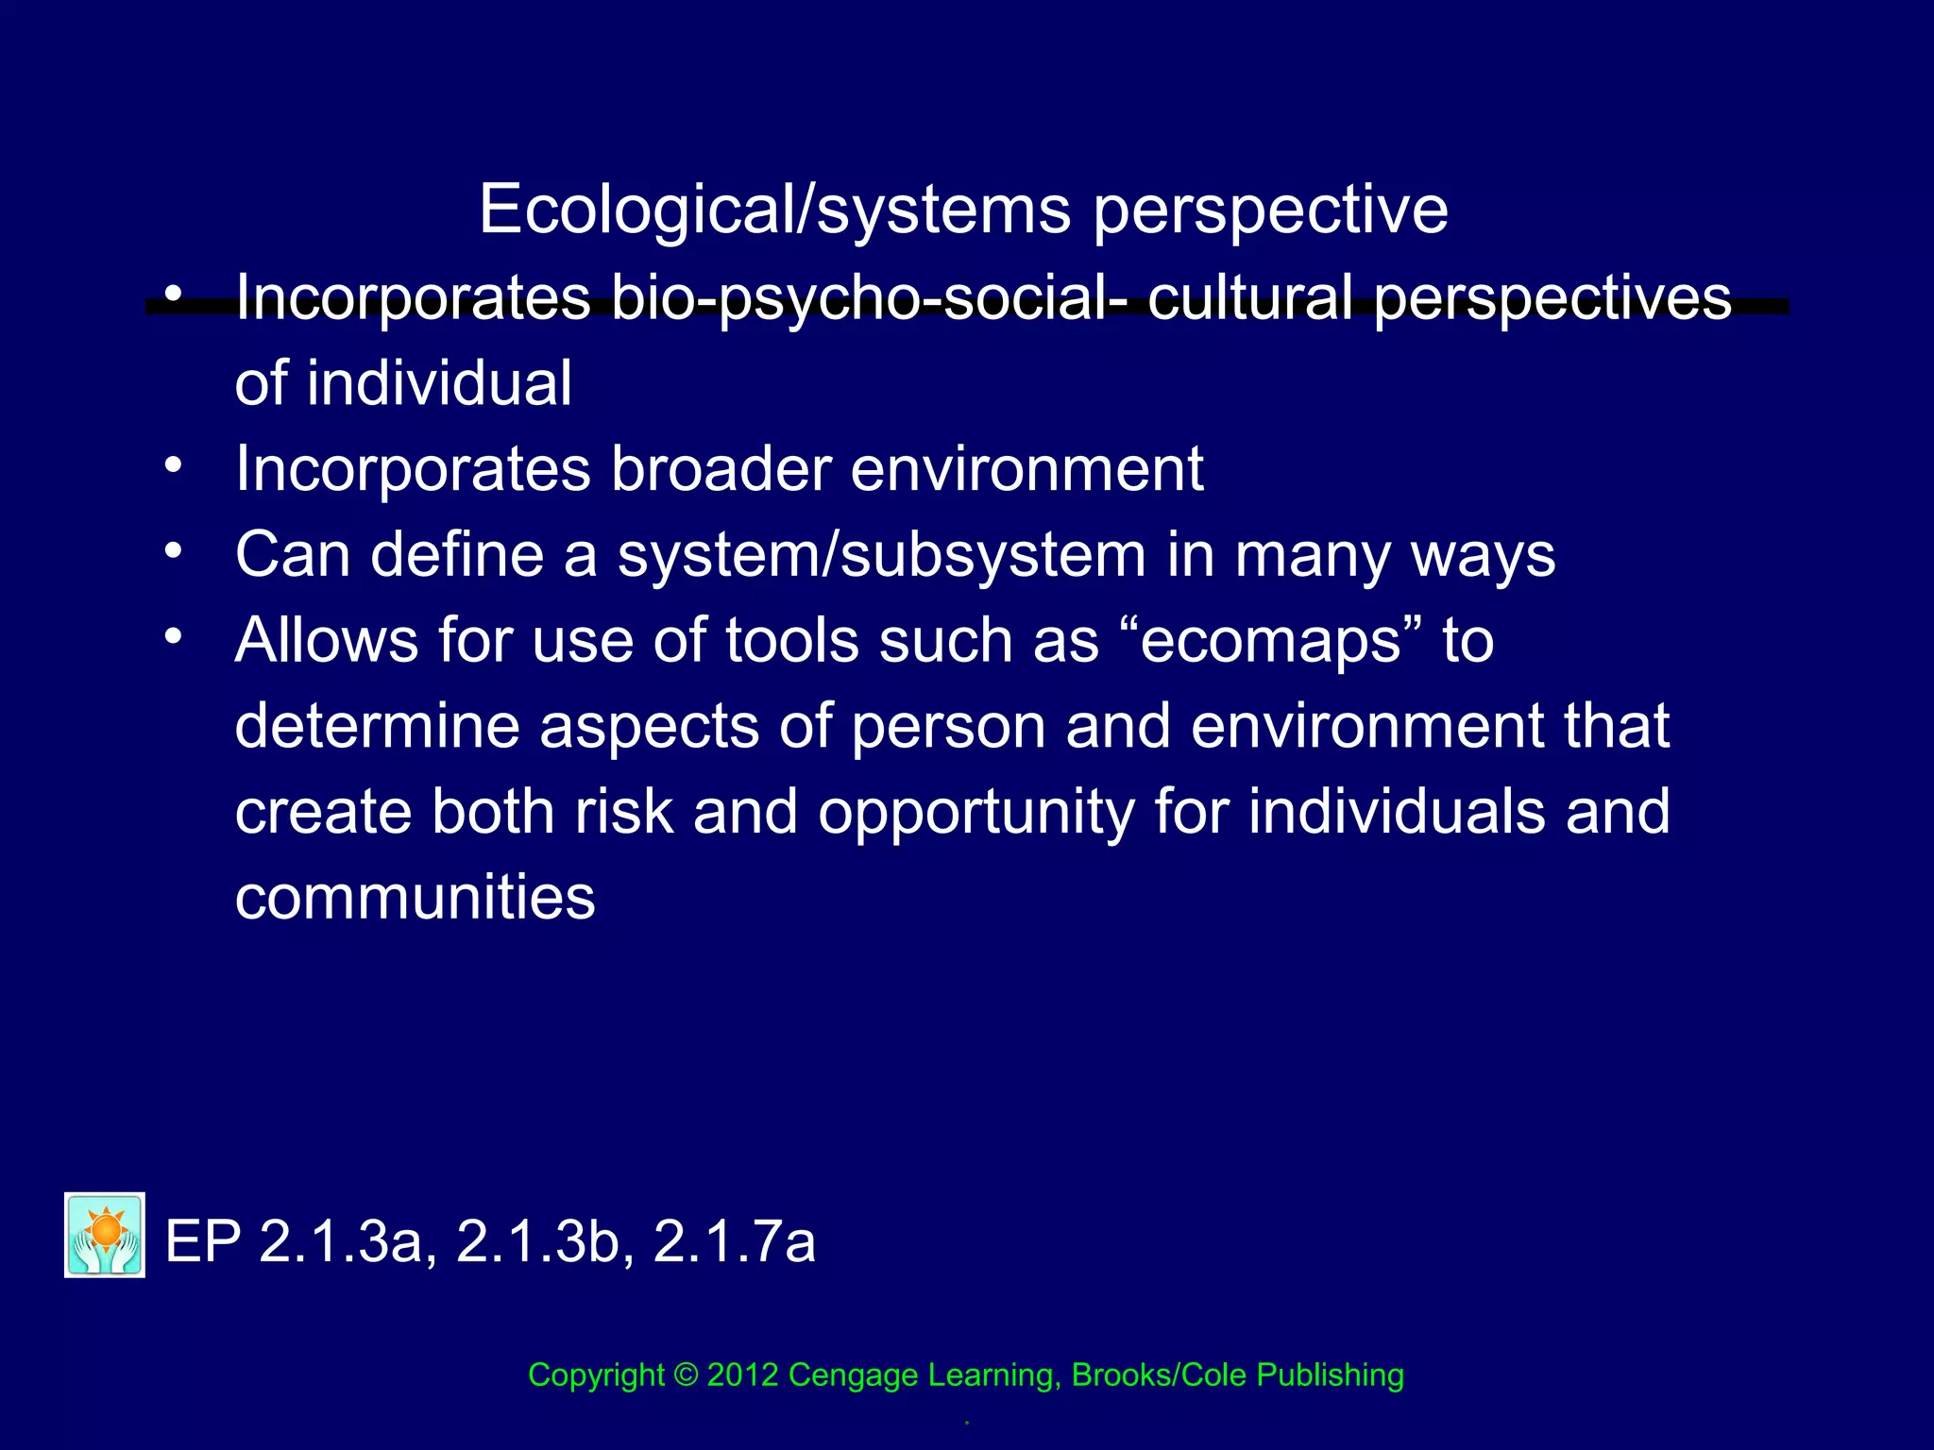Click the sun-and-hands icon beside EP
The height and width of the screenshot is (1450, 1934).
coord(105,1235)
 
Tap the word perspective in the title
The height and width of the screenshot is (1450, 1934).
coord(1270,210)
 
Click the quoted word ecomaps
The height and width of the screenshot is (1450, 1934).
coord(1270,641)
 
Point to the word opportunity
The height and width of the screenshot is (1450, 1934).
coord(975,813)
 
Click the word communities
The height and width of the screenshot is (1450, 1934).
coord(416,897)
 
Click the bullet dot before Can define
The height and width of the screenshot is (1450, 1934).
coord(172,549)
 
